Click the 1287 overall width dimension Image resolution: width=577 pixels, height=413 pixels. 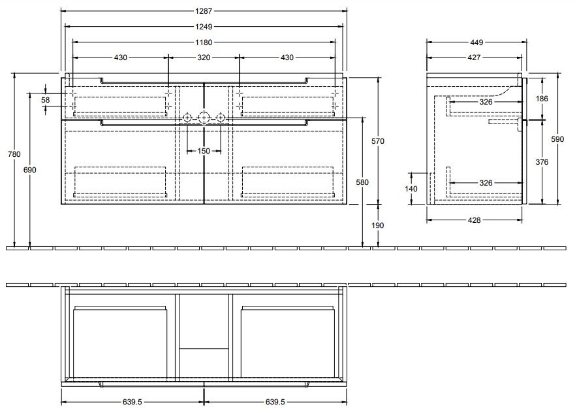point(204,11)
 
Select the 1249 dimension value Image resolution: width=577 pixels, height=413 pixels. point(204,27)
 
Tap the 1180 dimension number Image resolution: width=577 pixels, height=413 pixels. point(204,42)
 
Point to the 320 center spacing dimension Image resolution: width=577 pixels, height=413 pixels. point(204,58)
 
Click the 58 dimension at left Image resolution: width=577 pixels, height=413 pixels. point(45,100)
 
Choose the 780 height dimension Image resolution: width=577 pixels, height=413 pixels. point(14,154)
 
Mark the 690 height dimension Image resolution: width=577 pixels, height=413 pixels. point(30,170)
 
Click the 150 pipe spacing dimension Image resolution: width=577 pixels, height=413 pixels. point(204,151)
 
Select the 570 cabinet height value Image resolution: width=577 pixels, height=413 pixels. point(378,141)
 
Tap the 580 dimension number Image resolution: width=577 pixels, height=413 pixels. point(362,182)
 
